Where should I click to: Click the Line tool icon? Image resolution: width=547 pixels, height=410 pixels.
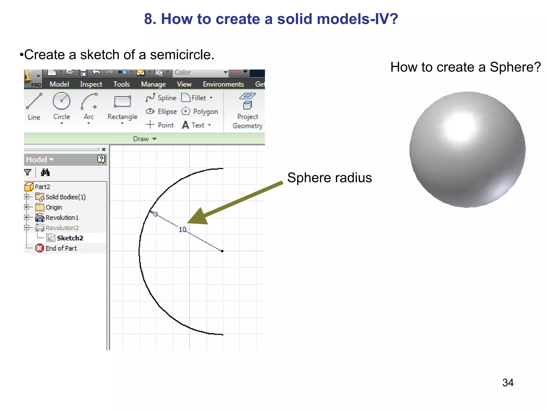tap(34, 101)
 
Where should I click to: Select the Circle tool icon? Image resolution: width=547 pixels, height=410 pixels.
tap(61, 101)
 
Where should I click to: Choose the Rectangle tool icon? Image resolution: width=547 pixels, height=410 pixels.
tap(122, 102)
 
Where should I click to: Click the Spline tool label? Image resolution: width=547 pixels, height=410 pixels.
tap(167, 98)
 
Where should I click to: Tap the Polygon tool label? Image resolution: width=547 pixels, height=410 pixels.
tap(205, 112)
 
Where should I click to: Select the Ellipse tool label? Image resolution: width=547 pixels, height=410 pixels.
tap(167, 112)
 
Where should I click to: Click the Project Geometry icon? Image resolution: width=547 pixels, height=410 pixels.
tap(247, 101)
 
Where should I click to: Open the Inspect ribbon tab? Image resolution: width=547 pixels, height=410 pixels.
tap(91, 84)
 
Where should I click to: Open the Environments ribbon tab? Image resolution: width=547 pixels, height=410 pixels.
tap(223, 84)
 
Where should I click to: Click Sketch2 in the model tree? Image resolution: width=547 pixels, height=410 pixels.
tap(70, 238)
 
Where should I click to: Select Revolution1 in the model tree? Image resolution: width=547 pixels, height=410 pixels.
tap(62, 218)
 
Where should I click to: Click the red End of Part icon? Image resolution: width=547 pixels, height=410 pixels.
tap(40, 248)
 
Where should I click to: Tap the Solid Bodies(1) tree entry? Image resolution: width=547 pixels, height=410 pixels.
tap(65, 197)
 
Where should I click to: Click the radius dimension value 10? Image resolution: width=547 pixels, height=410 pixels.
tap(182, 230)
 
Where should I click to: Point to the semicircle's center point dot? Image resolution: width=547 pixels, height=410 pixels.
tap(222, 251)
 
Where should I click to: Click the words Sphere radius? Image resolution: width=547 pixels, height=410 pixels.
tap(329, 178)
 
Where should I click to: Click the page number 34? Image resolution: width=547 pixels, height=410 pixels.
tap(508, 383)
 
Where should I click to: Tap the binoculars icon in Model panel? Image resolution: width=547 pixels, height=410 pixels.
tap(45, 172)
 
